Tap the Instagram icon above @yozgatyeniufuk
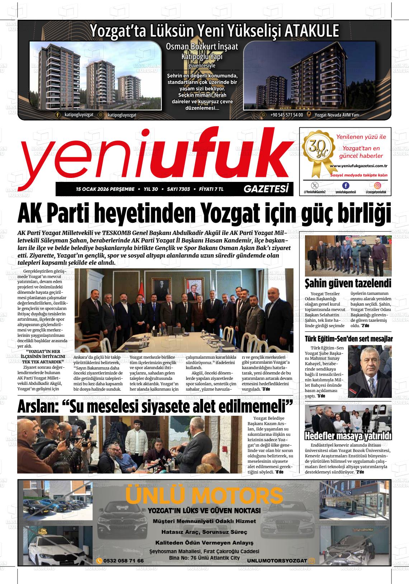click(377, 185)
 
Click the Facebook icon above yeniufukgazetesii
click(345, 185)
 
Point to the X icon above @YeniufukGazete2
click(315, 185)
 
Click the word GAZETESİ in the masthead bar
click(265, 189)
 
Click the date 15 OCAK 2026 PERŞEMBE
click(105, 189)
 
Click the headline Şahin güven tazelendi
click(348, 283)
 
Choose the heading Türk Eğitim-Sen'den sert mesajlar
click(348, 339)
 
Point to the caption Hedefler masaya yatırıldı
click(348, 436)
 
